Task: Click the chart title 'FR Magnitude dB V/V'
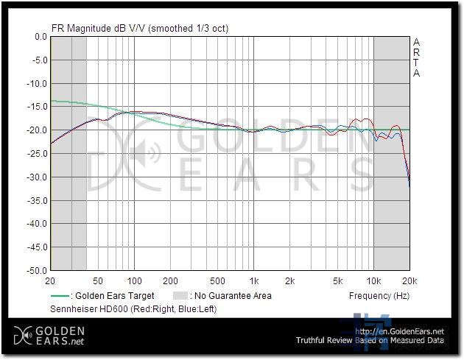click(x=99, y=29)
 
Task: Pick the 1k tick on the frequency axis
click(x=254, y=281)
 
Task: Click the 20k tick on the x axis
click(x=409, y=281)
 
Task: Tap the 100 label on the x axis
click(x=134, y=281)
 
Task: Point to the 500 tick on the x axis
click(x=217, y=281)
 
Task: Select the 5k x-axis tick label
click(x=337, y=281)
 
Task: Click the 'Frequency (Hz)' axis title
click(x=379, y=296)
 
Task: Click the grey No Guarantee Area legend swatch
click(x=179, y=296)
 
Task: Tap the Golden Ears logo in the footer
click(x=48, y=335)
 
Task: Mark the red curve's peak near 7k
click(x=360, y=119)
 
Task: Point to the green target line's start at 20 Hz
click(x=51, y=101)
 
